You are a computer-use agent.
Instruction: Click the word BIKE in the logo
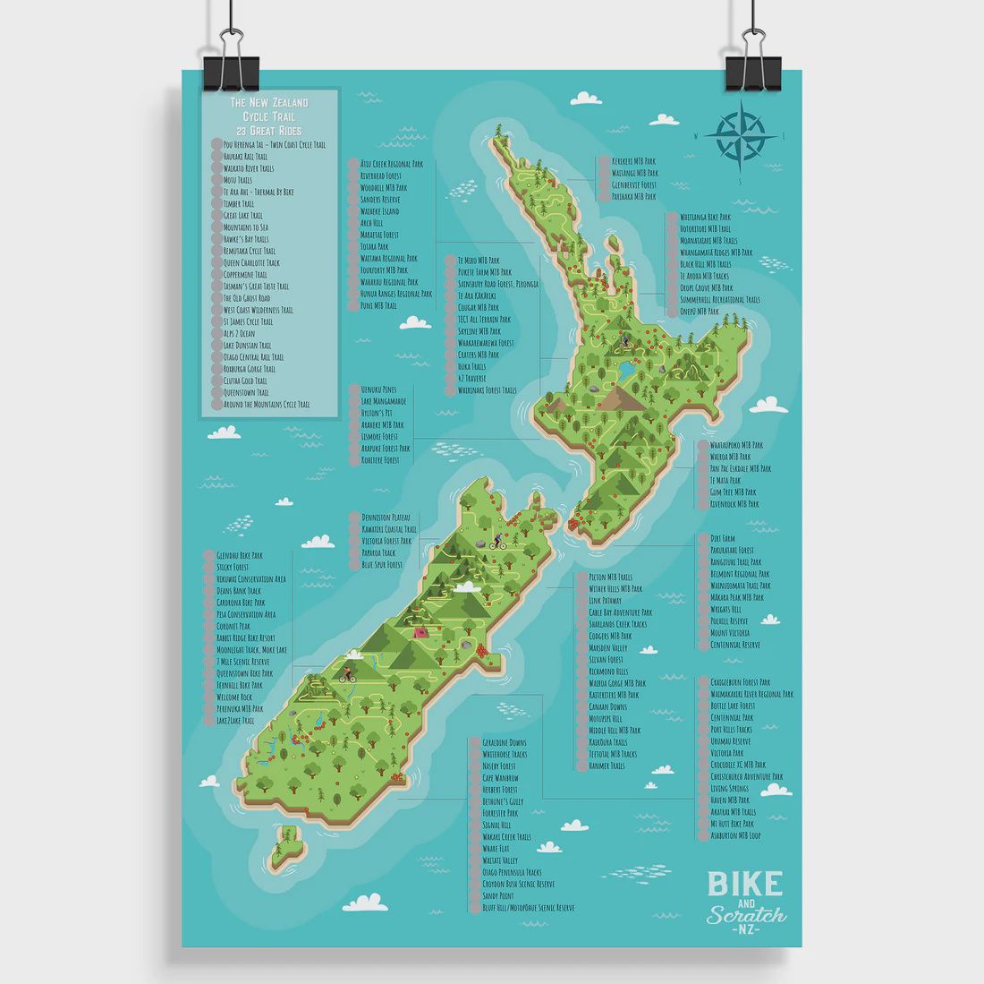[x=744, y=883]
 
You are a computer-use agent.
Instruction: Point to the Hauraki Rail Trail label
[x=245, y=157]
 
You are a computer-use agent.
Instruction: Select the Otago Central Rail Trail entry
[x=253, y=356]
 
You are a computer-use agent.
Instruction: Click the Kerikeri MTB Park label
[x=633, y=161]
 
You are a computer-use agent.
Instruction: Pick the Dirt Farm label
[x=723, y=538]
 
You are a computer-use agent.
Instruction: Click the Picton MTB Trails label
[x=610, y=578]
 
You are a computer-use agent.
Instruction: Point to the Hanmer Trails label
[x=606, y=766]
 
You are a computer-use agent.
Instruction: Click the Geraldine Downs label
[x=504, y=742]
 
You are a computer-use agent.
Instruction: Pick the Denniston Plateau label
[x=386, y=518]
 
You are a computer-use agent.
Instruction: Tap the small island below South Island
[x=286, y=847]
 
